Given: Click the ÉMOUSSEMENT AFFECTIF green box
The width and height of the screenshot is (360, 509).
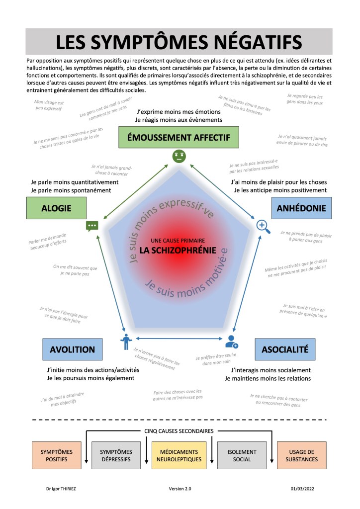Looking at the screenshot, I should click(x=179, y=137).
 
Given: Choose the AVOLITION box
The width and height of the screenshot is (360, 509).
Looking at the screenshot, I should click(x=72, y=349).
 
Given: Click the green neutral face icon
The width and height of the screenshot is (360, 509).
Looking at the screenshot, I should click(x=179, y=157).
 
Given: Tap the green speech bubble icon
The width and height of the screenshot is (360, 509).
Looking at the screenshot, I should click(x=92, y=226).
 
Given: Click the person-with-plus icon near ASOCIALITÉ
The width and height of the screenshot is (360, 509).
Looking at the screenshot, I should click(x=232, y=341).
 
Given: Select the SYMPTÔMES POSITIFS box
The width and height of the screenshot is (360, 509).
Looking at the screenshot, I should click(x=56, y=455).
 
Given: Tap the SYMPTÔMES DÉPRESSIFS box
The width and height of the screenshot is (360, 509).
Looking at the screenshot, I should click(x=115, y=455).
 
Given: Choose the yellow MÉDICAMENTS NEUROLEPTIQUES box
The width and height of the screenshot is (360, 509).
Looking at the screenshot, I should click(x=180, y=455).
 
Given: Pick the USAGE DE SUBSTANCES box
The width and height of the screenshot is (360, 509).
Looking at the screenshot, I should click(x=302, y=455).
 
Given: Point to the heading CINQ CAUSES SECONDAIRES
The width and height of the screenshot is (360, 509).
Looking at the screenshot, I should click(x=179, y=431).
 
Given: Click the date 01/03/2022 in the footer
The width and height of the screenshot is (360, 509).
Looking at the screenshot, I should click(x=303, y=489).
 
